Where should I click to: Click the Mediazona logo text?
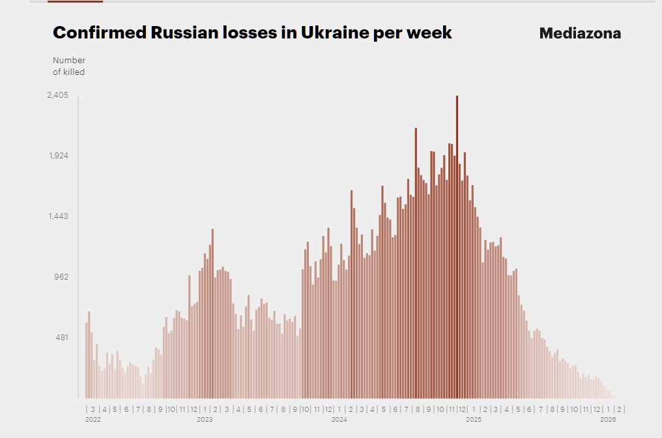coord(580,34)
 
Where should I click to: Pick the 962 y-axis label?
coord(61,277)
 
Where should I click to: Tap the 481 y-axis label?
coord(61,338)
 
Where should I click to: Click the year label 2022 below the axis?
coord(93,420)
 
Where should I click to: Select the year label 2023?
coord(205,420)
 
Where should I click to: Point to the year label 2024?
coord(339,420)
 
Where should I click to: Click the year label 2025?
coord(474,420)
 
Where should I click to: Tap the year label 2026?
coord(607,420)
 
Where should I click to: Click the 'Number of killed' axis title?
coord(69,66)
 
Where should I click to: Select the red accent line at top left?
coord(76,1)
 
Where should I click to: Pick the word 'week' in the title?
coord(429,33)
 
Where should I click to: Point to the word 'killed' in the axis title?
coord(74,72)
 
